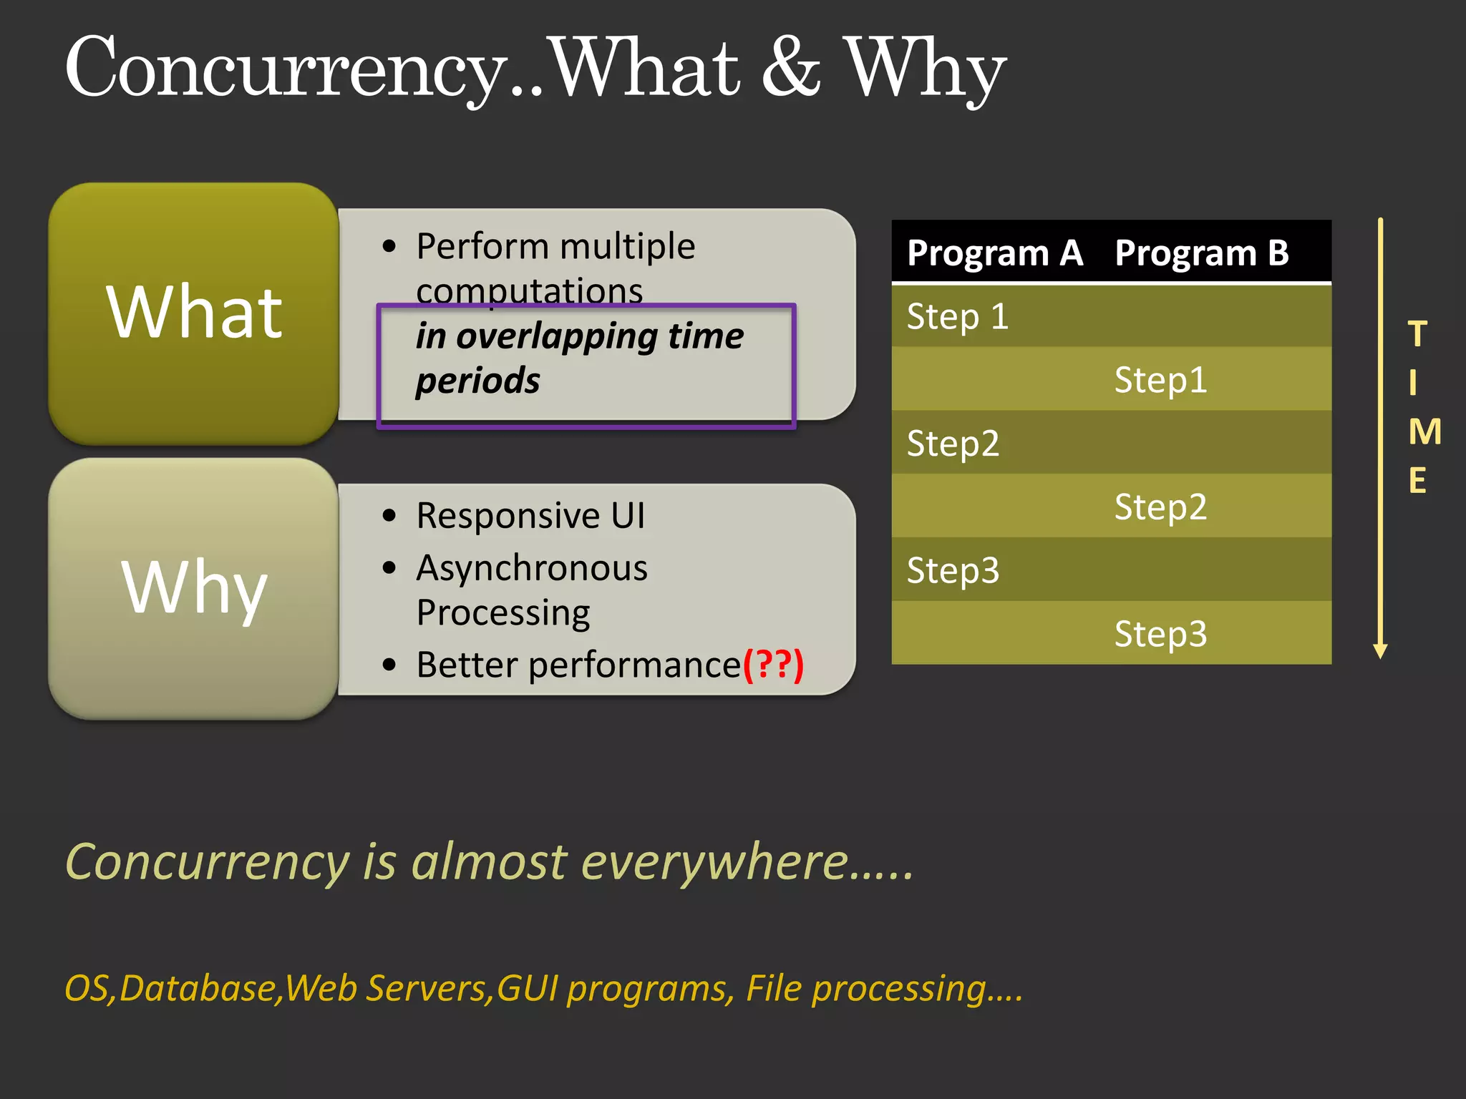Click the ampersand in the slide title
[791, 68]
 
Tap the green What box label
[194, 313]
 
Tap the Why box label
[194, 587]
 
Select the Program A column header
[994, 253]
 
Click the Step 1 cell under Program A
[957, 317]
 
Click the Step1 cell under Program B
[1160, 380]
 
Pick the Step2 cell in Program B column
[1160, 507]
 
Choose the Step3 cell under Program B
[1160, 634]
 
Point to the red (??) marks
[773, 665]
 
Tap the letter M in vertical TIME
[1424, 432]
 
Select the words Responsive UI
[530, 516]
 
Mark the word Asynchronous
[532, 569]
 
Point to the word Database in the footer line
[198, 989]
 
